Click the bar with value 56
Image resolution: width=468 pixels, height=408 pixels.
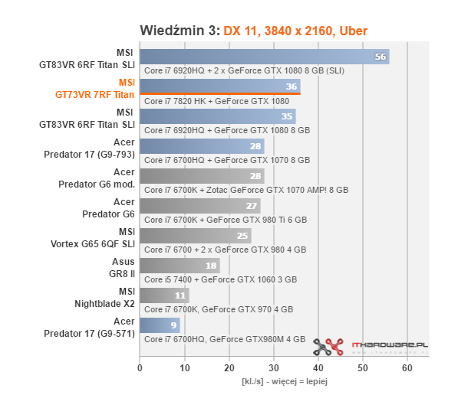coord(264,57)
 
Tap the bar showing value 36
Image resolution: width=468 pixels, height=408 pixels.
coord(219,86)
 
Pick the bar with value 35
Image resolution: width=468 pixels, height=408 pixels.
coord(217,116)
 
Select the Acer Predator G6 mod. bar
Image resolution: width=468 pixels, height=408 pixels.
coord(202,176)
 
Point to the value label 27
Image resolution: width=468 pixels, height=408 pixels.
coord(250,206)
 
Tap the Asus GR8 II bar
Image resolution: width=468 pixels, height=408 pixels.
coord(180,266)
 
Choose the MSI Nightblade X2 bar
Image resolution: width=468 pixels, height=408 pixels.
coord(163,295)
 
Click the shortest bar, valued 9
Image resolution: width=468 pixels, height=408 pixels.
coord(159,325)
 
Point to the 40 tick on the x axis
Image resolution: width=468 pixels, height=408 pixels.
coord(318,368)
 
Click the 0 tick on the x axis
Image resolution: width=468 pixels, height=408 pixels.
coord(140,368)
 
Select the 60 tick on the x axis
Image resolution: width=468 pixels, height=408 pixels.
coord(407,368)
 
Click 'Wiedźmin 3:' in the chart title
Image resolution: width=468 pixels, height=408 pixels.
coord(180,31)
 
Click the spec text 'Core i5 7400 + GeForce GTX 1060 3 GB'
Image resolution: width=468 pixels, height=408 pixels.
coord(220,279)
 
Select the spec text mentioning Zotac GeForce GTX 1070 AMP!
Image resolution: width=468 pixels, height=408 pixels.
coord(246,189)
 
